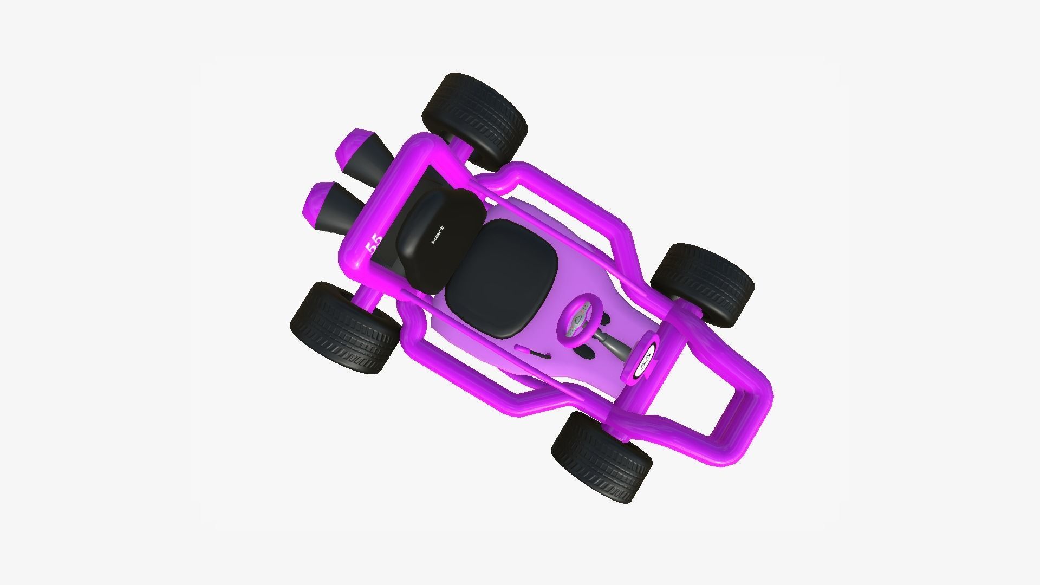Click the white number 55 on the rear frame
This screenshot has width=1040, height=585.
click(x=374, y=245)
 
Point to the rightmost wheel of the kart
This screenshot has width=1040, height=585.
click(x=703, y=284)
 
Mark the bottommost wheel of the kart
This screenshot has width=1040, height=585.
click(x=601, y=456)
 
